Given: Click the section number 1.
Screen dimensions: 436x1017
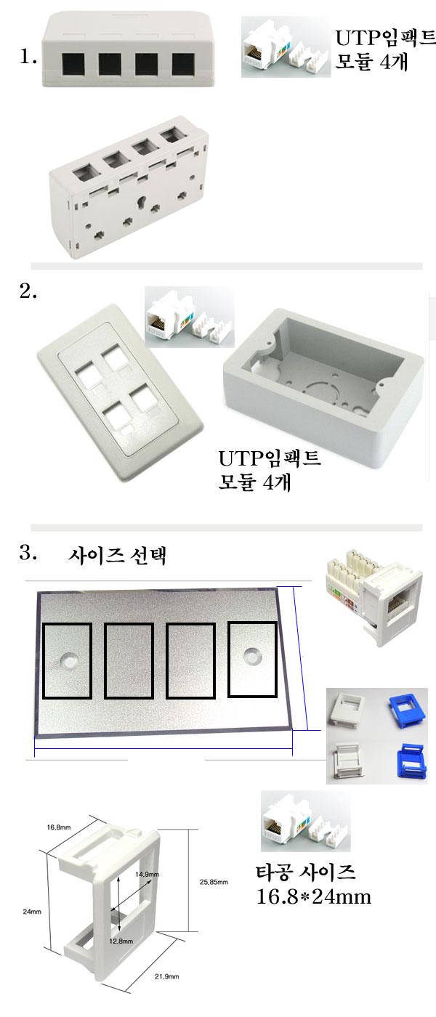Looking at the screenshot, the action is click(x=28, y=57).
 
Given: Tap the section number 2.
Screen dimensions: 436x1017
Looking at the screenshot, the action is click(x=28, y=291).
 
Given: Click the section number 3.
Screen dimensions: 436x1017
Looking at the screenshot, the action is click(x=28, y=553).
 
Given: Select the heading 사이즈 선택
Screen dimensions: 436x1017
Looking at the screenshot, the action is click(x=117, y=556).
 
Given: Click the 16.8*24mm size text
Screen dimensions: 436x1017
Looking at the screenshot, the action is click(x=314, y=896).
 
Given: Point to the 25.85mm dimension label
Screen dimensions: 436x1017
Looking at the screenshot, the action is click(x=214, y=882).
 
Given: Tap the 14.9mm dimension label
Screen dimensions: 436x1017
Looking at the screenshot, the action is click(x=147, y=874).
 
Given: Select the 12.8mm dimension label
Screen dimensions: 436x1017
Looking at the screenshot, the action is click(x=121, y=941).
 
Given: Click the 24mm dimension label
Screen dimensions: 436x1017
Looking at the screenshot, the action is click(x=32, y=911).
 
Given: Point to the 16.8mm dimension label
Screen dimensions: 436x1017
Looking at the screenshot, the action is click(x=59, y=827).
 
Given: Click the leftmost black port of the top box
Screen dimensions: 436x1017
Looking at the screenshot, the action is click(x=73, y=65).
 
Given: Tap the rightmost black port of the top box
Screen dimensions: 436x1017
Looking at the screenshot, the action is click(x=183, y=64).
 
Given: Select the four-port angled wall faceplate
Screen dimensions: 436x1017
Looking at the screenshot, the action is click(x=120, y=392).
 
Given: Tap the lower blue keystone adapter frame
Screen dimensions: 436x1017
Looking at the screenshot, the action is click(x=412, y=760).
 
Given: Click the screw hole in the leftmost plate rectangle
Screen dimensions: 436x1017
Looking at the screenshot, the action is click(x=70, y=661).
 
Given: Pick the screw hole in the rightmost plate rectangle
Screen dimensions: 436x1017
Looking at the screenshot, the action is click(x=251, y=655).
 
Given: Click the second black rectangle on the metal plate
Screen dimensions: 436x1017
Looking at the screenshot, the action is click(x=129, y=661).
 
